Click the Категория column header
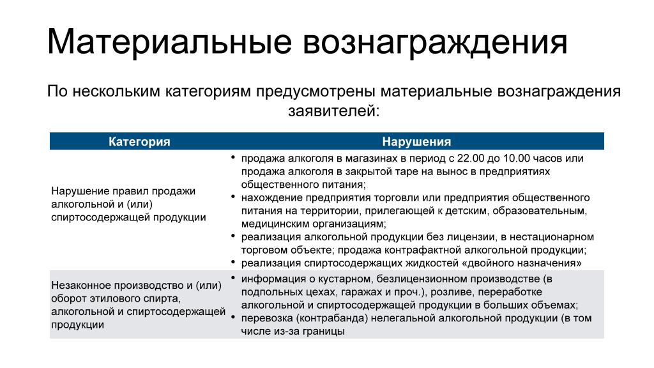(139, 142)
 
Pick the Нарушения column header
(416, 142)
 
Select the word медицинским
(271, 224)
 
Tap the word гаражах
(340, 292)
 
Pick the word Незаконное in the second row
(79, 285)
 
